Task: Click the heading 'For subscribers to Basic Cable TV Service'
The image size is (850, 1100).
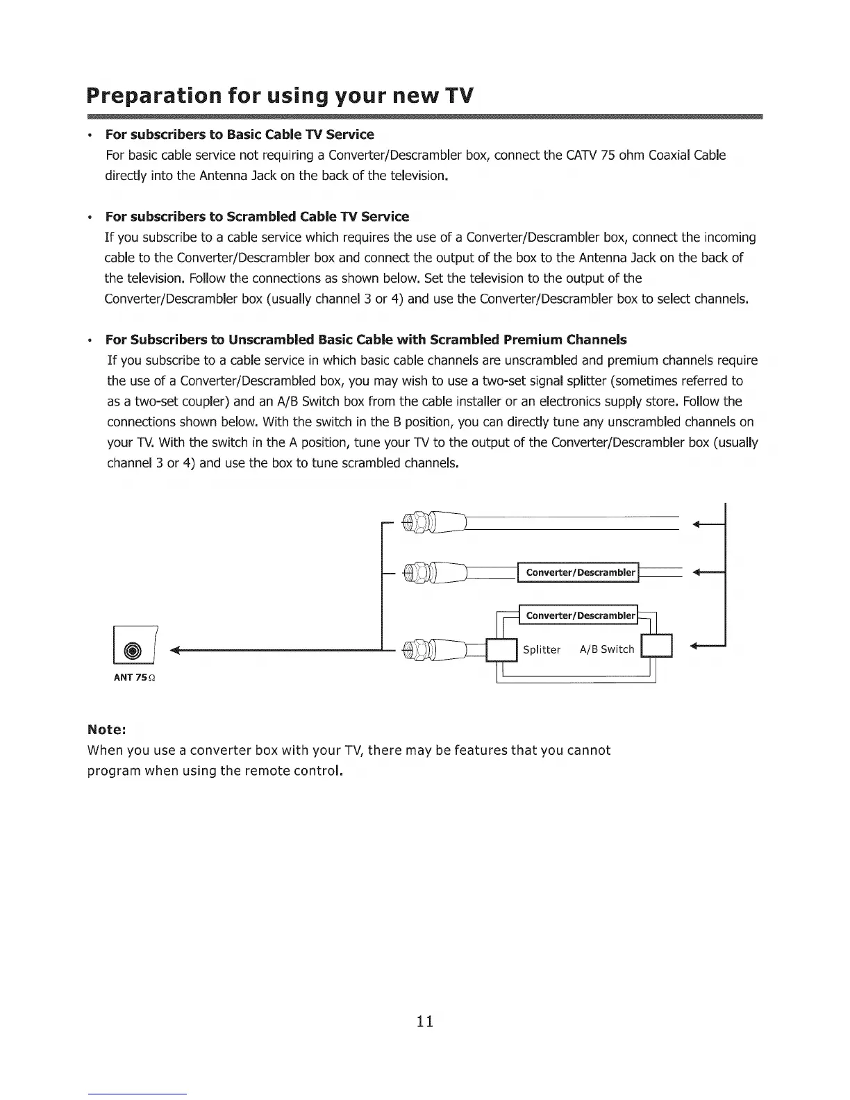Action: click(240, 134)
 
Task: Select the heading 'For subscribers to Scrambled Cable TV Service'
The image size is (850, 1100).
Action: click(257, 217)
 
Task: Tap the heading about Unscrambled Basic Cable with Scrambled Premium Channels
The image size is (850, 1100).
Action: click(366, 340)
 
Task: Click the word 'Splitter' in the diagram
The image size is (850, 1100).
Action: click(541, 650)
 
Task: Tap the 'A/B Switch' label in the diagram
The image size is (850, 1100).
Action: click(607, 649)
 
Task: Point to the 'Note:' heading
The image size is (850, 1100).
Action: click(106, 730)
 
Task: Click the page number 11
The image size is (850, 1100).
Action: click(425, 1021)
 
